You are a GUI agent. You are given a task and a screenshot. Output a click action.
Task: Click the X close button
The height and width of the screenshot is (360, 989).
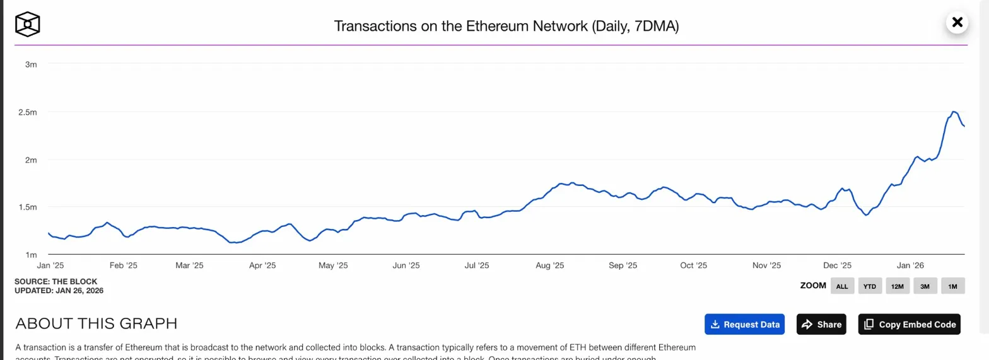[x=957, y=23]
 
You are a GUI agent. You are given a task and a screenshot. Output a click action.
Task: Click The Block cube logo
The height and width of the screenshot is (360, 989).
[x=28, y=25]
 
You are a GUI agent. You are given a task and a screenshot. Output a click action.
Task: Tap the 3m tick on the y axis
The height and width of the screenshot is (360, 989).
[x=31, y=64]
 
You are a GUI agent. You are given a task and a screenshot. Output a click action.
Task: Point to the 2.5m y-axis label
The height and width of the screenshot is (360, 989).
[x=28, y=112]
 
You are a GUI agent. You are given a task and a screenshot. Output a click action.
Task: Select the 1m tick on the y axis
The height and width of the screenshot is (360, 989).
[x=31, y=255]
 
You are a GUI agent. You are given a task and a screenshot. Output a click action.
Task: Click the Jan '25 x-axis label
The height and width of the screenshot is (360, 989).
[x=50, y=266]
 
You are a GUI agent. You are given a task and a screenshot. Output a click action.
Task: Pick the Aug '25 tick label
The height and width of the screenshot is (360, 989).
[x=549, y=266]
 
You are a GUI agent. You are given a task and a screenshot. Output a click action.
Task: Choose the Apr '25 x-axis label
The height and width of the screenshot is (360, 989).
[x=264, y=266]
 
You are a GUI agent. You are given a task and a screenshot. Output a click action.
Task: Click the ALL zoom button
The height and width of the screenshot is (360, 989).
[x=842, y=286]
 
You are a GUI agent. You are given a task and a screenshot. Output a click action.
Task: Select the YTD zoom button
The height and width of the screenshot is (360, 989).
[x=870, y=286]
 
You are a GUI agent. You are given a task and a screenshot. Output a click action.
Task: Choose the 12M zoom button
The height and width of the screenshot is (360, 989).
[x=898, y=286]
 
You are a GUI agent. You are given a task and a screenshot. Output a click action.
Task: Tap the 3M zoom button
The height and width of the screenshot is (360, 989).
[x=925, y=286]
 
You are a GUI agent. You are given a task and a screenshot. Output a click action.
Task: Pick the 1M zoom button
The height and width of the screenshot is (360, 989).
[x=953, y=286]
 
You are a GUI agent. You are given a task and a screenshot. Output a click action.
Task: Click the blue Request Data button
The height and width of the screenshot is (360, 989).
[x=745, y=325]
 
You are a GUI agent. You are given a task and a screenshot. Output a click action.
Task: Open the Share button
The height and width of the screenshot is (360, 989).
[x=821, y=325]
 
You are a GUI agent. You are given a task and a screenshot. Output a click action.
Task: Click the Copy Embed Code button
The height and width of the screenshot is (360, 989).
[x=910, y=325]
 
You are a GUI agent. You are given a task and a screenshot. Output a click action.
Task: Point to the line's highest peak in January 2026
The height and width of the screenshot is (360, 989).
[x=954, y=112]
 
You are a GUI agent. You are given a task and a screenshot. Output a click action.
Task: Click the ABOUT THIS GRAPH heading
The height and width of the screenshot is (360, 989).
[x=97, y=324]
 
